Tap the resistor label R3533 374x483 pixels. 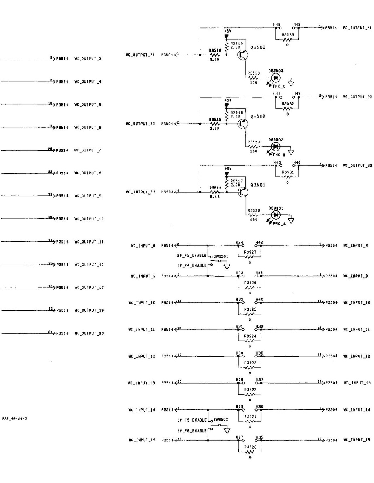click(288, 35)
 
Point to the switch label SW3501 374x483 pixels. click(221, 256)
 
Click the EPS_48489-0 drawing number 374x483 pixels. click(14, 418)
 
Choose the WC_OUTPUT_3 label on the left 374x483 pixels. click(88, 59)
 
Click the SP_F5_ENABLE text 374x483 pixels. click(192, 420)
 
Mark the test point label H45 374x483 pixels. click(277, 25)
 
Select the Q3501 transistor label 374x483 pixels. click(258, 185)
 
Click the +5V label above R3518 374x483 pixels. click(227, 100)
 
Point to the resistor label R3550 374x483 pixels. click(253, 73)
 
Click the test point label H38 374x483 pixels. click(259, 353)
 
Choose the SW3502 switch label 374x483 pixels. click(221, 420)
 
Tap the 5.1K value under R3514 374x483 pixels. click(214, 197)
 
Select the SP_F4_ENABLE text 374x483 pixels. click(192, 265)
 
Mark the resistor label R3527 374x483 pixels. click(250, 252)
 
